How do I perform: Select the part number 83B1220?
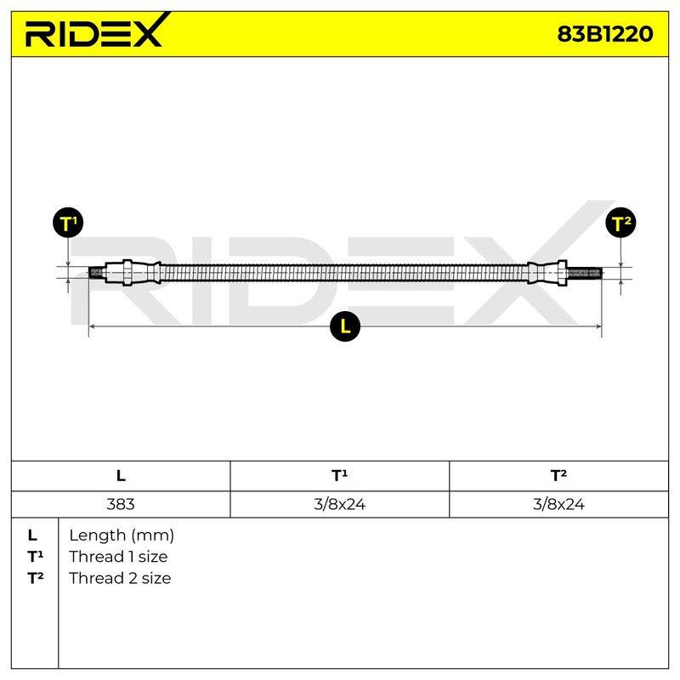604,34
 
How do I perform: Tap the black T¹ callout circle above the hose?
68,223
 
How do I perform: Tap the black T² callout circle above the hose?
620,223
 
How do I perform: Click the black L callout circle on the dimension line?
345,326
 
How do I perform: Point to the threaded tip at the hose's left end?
96,273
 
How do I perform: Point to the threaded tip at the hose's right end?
584,273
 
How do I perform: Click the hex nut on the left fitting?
127,272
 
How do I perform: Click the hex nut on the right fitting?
563,272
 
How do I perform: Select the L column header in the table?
121,476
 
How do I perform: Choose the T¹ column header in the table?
339,476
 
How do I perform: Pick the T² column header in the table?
558,476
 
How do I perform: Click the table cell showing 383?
121,504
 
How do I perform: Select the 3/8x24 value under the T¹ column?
339,504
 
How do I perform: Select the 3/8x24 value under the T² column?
558,504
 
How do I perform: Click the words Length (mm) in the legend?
122,535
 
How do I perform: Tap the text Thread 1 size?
118,557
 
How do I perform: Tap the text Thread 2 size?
120,578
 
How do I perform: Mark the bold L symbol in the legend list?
32,535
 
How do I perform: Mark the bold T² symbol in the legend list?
35,578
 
